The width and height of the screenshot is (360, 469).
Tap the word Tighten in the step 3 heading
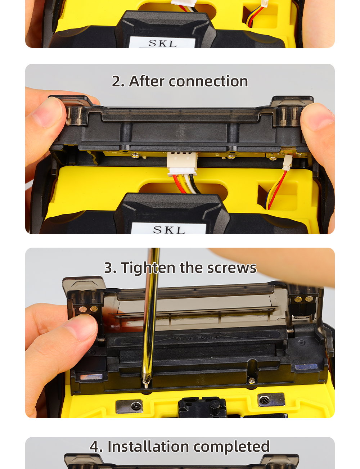point(148,268)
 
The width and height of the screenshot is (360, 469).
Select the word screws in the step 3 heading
point(232,268)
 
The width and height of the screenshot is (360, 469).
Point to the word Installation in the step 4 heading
point(148,446)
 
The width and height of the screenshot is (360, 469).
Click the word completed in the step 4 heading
point(231,447)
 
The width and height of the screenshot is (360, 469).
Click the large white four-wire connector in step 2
point(182,164)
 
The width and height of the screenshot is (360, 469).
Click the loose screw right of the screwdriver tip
point(251,381)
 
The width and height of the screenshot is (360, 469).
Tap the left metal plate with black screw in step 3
point(130,406)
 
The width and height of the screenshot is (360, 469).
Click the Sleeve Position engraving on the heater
point(197,338)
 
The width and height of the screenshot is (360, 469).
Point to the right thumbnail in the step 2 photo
point(317,118)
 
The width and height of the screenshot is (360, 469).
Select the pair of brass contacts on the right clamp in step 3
point(303,299)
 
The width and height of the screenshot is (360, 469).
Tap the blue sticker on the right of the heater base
point(306,367)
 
